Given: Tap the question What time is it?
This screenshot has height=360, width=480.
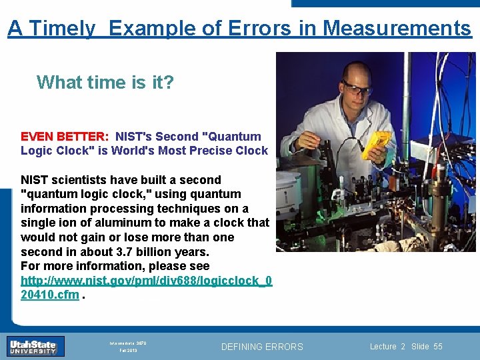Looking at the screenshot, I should pos(105,82).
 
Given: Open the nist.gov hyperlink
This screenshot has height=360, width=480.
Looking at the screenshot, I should pos(146,287).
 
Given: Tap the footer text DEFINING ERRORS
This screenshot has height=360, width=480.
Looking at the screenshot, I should pos(261,347).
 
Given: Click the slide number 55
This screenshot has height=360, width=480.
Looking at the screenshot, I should pos(437,346).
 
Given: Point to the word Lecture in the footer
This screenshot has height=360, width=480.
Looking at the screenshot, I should pos(383,346).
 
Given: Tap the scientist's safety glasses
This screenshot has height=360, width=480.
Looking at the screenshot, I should pos(357,88).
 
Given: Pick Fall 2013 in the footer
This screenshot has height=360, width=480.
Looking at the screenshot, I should pos(128,350).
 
